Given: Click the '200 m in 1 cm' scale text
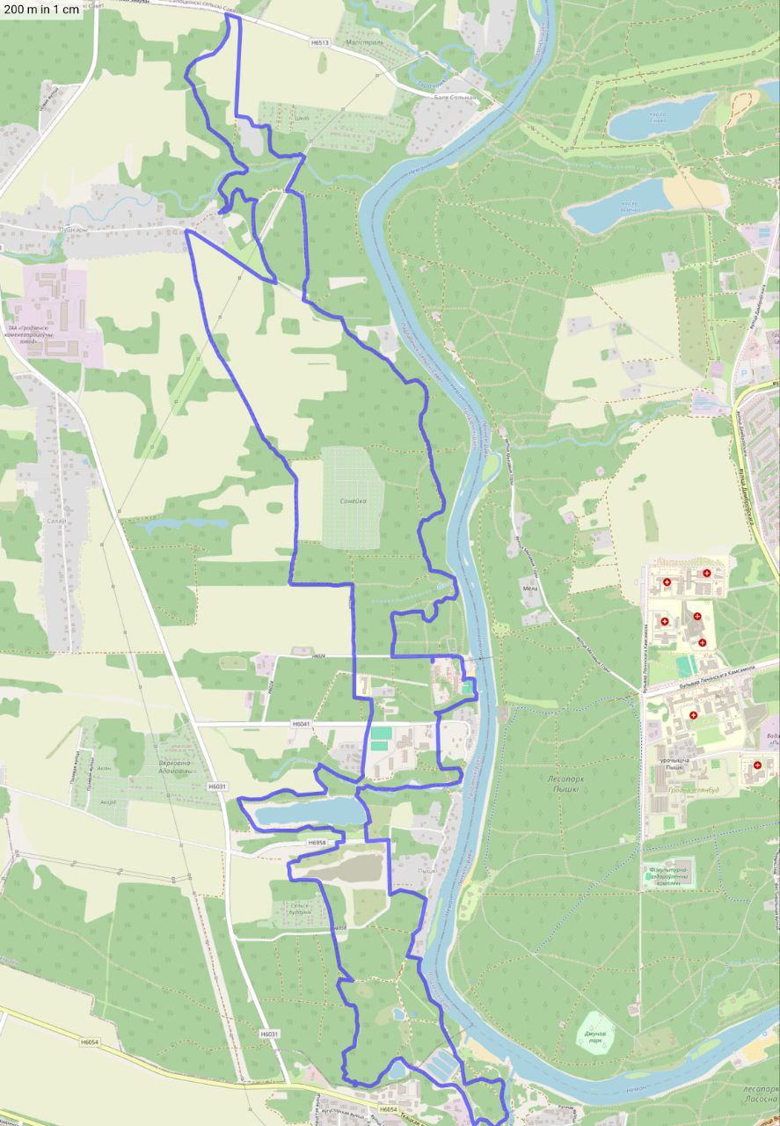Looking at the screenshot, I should tap(41, 10).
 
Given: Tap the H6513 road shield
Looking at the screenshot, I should tap(320, 41).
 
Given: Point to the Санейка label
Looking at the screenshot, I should tap(352, 501).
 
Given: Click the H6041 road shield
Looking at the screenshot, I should tap(302, 723).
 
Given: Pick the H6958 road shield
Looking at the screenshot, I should tap(317, 843).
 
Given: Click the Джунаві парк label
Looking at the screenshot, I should tap(595, 1036).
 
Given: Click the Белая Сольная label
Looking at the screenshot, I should tap(454, 98).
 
